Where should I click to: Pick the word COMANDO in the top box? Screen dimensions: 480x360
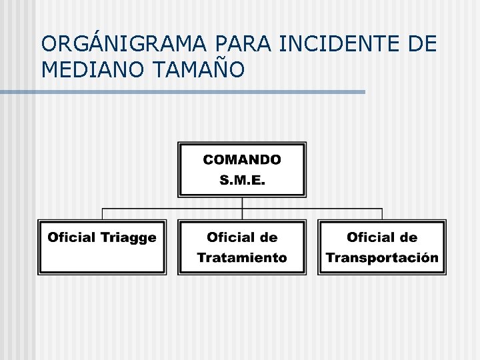click(x=242, y=160)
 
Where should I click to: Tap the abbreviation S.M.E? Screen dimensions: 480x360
click(x=242, y=180)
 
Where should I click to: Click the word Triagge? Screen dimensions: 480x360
click(x=128, y=237)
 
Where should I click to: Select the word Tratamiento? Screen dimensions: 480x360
click(x=242, y=257)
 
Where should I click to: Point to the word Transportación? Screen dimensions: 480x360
click(x=382, y=257)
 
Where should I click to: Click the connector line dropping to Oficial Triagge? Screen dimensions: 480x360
click(x=102, y=214)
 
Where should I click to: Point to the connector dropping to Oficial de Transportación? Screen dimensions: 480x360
click(x=382, y=214)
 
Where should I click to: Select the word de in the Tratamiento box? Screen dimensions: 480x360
click(x=269, y=237)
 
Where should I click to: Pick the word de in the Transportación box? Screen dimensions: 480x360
click(x=409, y=237)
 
